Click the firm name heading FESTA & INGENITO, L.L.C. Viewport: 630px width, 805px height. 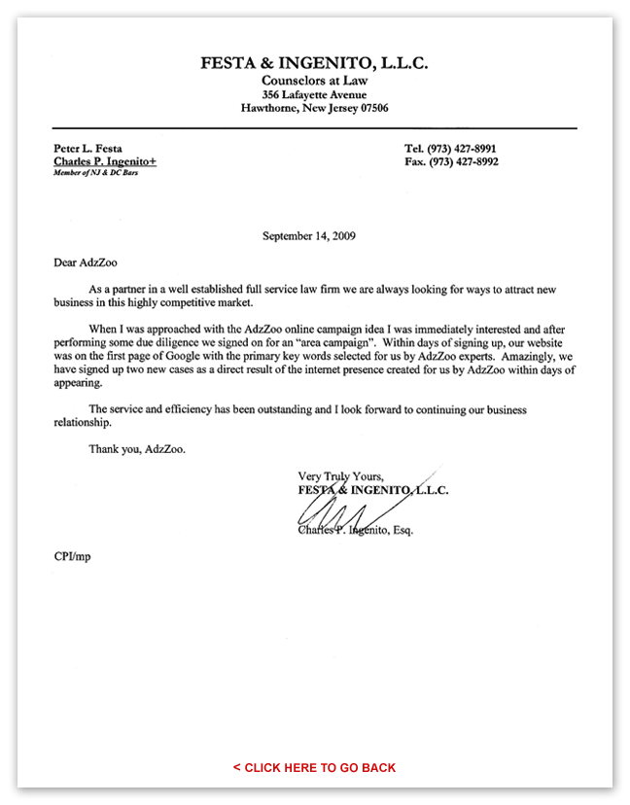point(314,63)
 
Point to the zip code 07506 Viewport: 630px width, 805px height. point(370,109)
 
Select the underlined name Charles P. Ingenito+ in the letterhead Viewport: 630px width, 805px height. point(100,161)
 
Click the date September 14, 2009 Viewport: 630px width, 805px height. point(314,235)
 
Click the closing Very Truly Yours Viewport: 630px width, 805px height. point(341,476)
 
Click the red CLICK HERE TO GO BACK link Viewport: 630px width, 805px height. point(314,767)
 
